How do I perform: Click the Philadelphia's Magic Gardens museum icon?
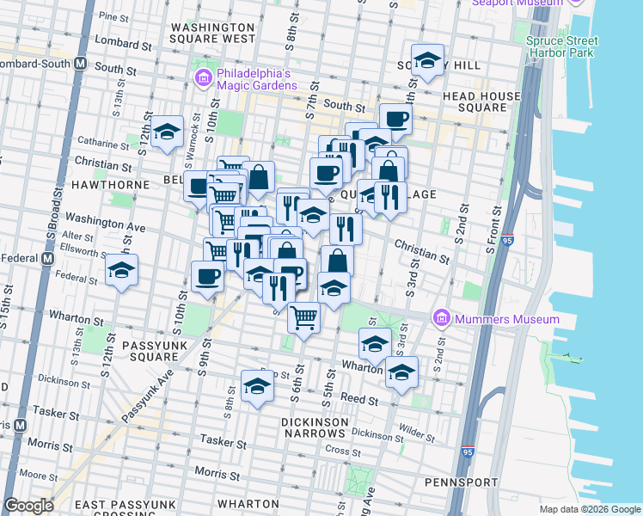tap(202, 80)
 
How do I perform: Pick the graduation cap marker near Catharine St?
tap(168, 132)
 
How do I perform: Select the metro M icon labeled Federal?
tap(46, 257)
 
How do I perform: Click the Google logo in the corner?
tap(29, 506)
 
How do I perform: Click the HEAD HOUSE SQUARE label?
tap(481, 102)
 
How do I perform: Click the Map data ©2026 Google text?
tap(589, 509)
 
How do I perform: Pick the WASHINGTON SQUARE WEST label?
tap(212, 33)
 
